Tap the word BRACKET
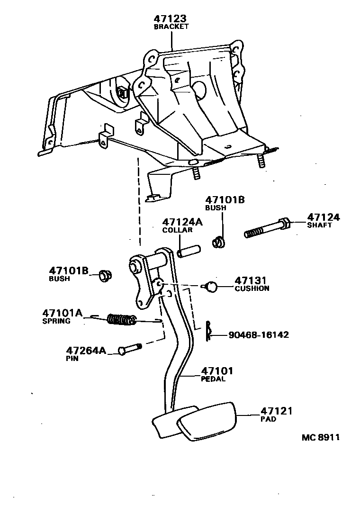click(171, 27)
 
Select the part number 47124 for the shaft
click(324, 217)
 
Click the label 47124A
click(182, 222)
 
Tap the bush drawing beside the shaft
click(219, 242)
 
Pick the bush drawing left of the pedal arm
click(105, 275)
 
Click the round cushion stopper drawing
click(211, 286)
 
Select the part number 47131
click(251, 280)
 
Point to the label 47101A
click(62, 313)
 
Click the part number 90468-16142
click(258, 334)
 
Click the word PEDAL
click(214, 379)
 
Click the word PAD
click(268, 419)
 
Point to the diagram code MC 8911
click(321, 437)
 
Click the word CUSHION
click(252, 288)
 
